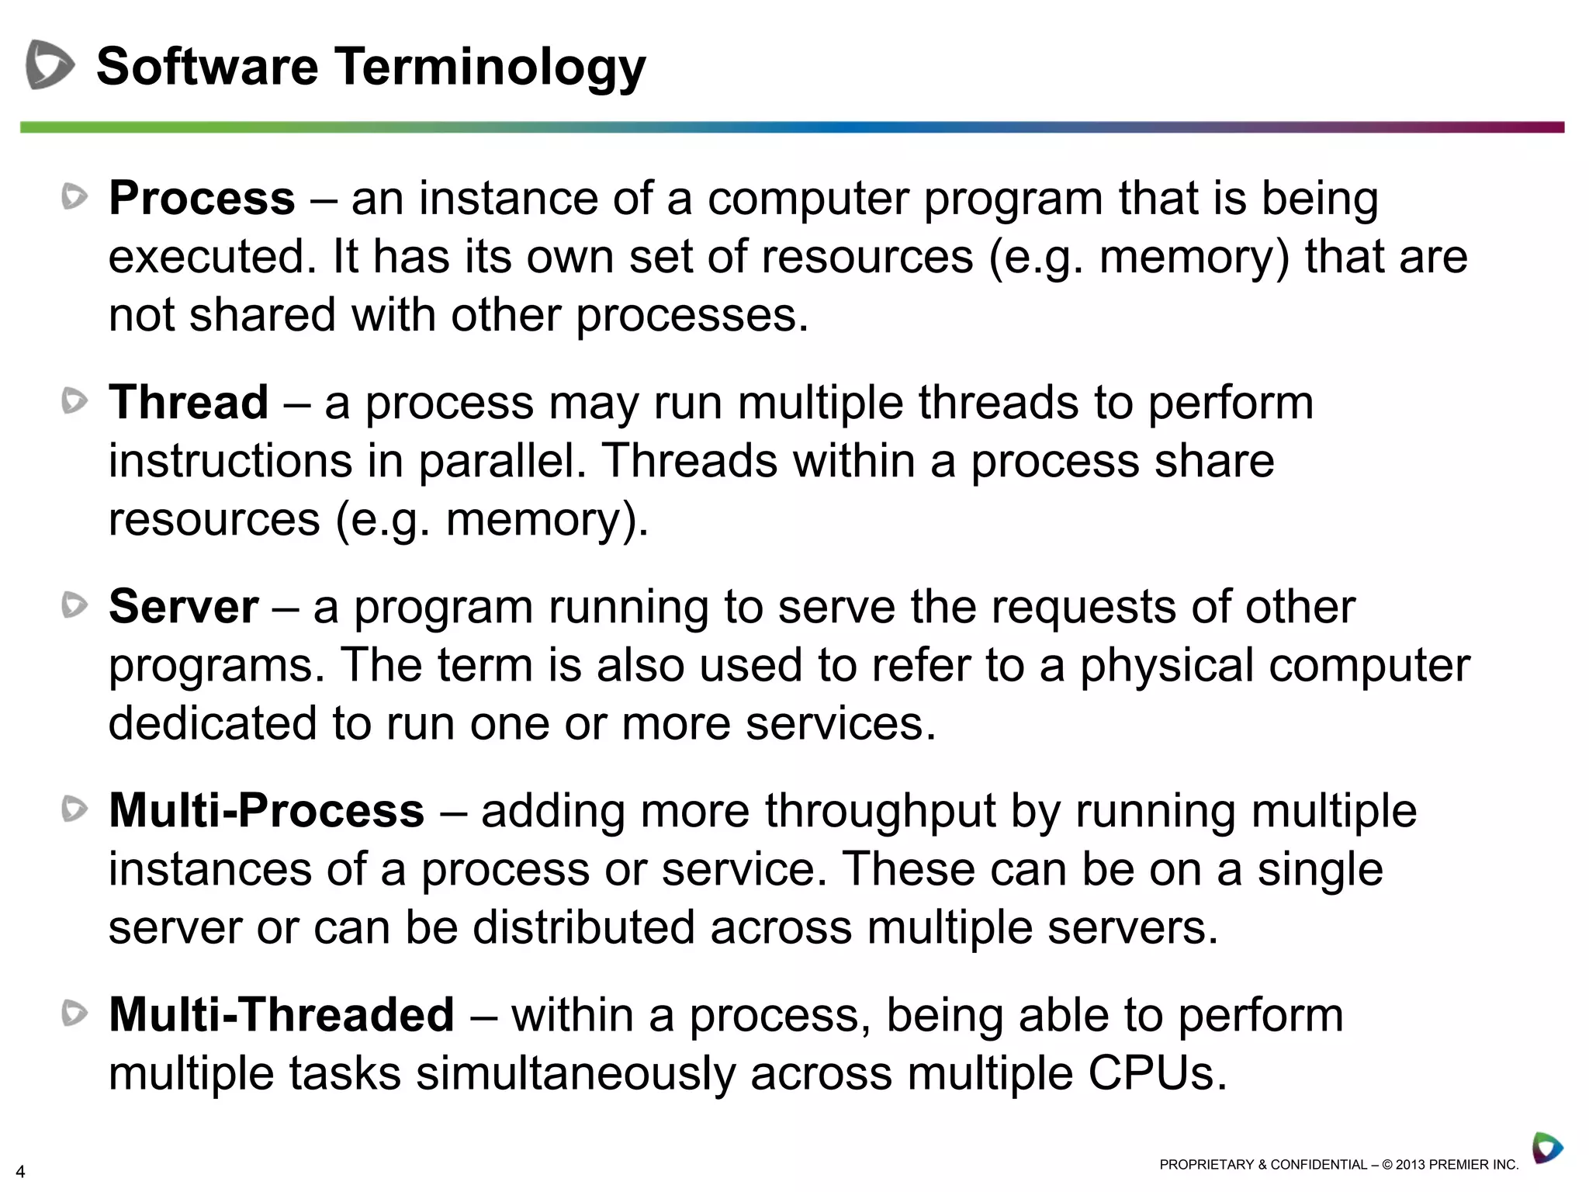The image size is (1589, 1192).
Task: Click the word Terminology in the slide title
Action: pyautogui.click(x=490, y=67)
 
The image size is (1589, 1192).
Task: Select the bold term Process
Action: pyautogui.click(x=202, y=198)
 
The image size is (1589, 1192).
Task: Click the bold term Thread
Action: pyautogui.click(x=189, y=402)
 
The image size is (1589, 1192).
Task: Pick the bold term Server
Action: pyautogui.click(x=184, y=606)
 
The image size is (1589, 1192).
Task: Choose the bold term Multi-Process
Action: pyautogui.click(x=267, y=810)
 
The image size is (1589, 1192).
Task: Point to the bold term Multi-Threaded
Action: pyautogui.click(x=282, y=1014)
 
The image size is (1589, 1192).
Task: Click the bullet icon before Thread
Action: pyautogui.click(x=74, y=401)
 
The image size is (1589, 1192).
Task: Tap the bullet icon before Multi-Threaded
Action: pyautogui.click(x=74, y=1013)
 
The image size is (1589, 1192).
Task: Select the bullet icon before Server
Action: pyautogui.click(x=74, y=605)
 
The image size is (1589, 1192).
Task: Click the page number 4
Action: pyautogui.click(x=20, y=1172)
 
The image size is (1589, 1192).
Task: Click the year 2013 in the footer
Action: pyautogui.click(x=1410, y=1165)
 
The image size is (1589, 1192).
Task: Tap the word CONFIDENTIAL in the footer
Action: pyautogui.click(x=1319, y=1165)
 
